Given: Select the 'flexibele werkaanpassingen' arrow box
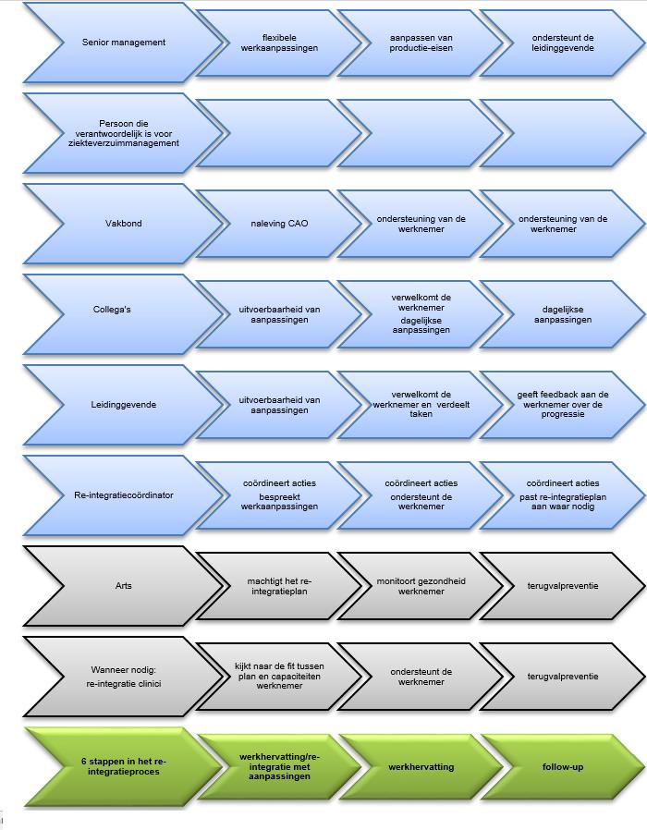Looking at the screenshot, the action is (279, 43).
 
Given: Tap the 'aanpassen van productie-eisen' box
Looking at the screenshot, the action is (421, 43).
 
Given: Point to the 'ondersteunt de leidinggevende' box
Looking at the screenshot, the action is (563, 43).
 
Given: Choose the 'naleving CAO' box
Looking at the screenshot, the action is (279, 224).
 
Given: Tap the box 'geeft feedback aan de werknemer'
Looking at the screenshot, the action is (563, 405).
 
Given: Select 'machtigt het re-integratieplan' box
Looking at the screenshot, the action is (279, 586).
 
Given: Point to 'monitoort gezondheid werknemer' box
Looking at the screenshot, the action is (421, 586).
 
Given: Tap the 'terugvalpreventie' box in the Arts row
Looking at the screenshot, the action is (563, 586).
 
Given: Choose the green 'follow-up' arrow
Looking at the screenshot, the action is (563, 767).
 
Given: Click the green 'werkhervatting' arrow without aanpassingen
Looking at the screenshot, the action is (421, 767).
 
